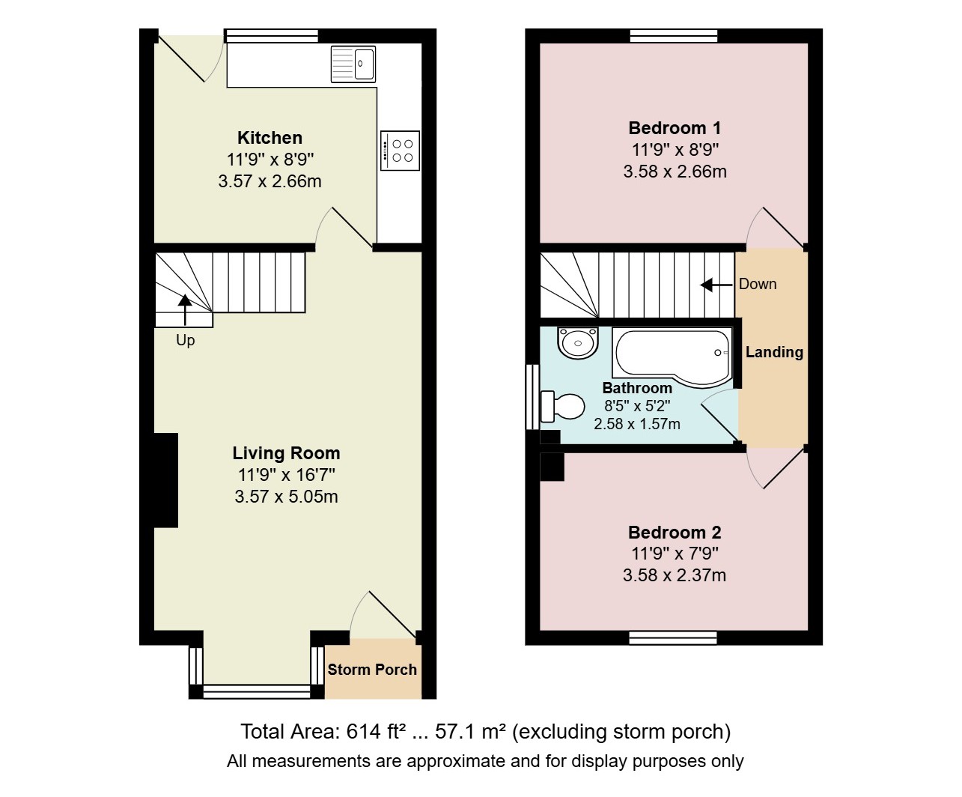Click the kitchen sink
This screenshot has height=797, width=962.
[353, 64]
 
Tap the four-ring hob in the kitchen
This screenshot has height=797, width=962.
[400, 151]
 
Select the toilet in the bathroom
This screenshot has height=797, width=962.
[562, 406]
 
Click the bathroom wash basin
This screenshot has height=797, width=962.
[577, 342]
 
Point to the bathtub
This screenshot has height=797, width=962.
[672, 357]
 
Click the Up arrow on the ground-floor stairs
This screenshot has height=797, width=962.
[185, 310]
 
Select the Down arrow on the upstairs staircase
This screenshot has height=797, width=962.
[716, 285]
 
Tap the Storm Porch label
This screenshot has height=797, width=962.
[372, 670]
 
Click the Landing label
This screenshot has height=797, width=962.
[775, 352]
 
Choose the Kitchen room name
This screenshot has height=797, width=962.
[270, 137]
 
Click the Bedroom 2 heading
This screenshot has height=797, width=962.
[675, 533]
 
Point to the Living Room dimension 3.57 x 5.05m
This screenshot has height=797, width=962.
[286, 497]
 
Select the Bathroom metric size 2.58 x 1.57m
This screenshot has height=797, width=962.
[637, 424]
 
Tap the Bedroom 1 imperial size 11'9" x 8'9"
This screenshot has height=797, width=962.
[675, 150]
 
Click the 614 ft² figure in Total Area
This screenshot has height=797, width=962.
[372, 732]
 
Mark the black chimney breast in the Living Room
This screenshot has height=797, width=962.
[166, 480]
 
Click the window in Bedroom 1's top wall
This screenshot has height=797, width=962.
[674, 35]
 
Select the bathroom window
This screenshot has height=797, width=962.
[532, 397]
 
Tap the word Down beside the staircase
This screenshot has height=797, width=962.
[758, 284]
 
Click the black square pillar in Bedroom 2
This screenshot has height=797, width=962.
[552, 467]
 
